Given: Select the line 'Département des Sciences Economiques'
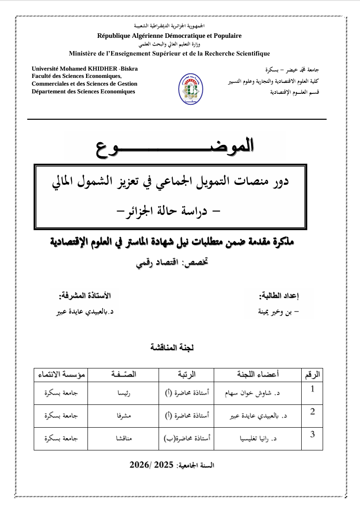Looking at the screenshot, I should tap(83, 92).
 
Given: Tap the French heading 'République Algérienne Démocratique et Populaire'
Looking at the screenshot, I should tap(170, 36).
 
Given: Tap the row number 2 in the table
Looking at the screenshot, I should tap(312, 412).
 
